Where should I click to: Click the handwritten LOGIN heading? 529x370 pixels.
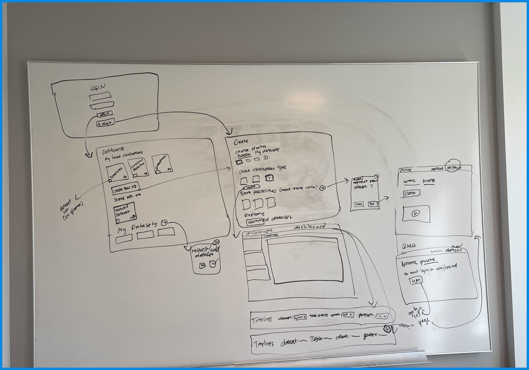pyautogui.click(x=98, y=88)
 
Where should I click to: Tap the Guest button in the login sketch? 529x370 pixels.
pyautogui.click(x=105, y=123)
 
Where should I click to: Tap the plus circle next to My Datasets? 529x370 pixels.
pyautogui.click(x=165, y=223)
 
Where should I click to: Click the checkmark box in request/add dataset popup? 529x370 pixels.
pyautogui.click(x=213, y=264)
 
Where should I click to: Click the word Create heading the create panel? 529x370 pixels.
pyautogui.click(x=241, y=141)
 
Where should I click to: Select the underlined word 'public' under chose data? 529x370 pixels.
pyautogui.click(x=243, y=155)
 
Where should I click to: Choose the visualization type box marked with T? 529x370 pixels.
pyautogui.click(x=269, y=178)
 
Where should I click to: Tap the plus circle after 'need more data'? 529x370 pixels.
pyautogui.click(x=323, y=188)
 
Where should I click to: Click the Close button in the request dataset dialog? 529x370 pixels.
pyautogui.click(x=359, y=204)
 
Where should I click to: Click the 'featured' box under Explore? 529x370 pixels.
pyautogui.click(x=256, y=222)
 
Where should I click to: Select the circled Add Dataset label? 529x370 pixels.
pyautogui.click(x=452, y=167)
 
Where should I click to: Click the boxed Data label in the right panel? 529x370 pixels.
pyautogui.click(x=410, y=193)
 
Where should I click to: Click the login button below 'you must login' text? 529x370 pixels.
pyautogui.click(x=416, y=280)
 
